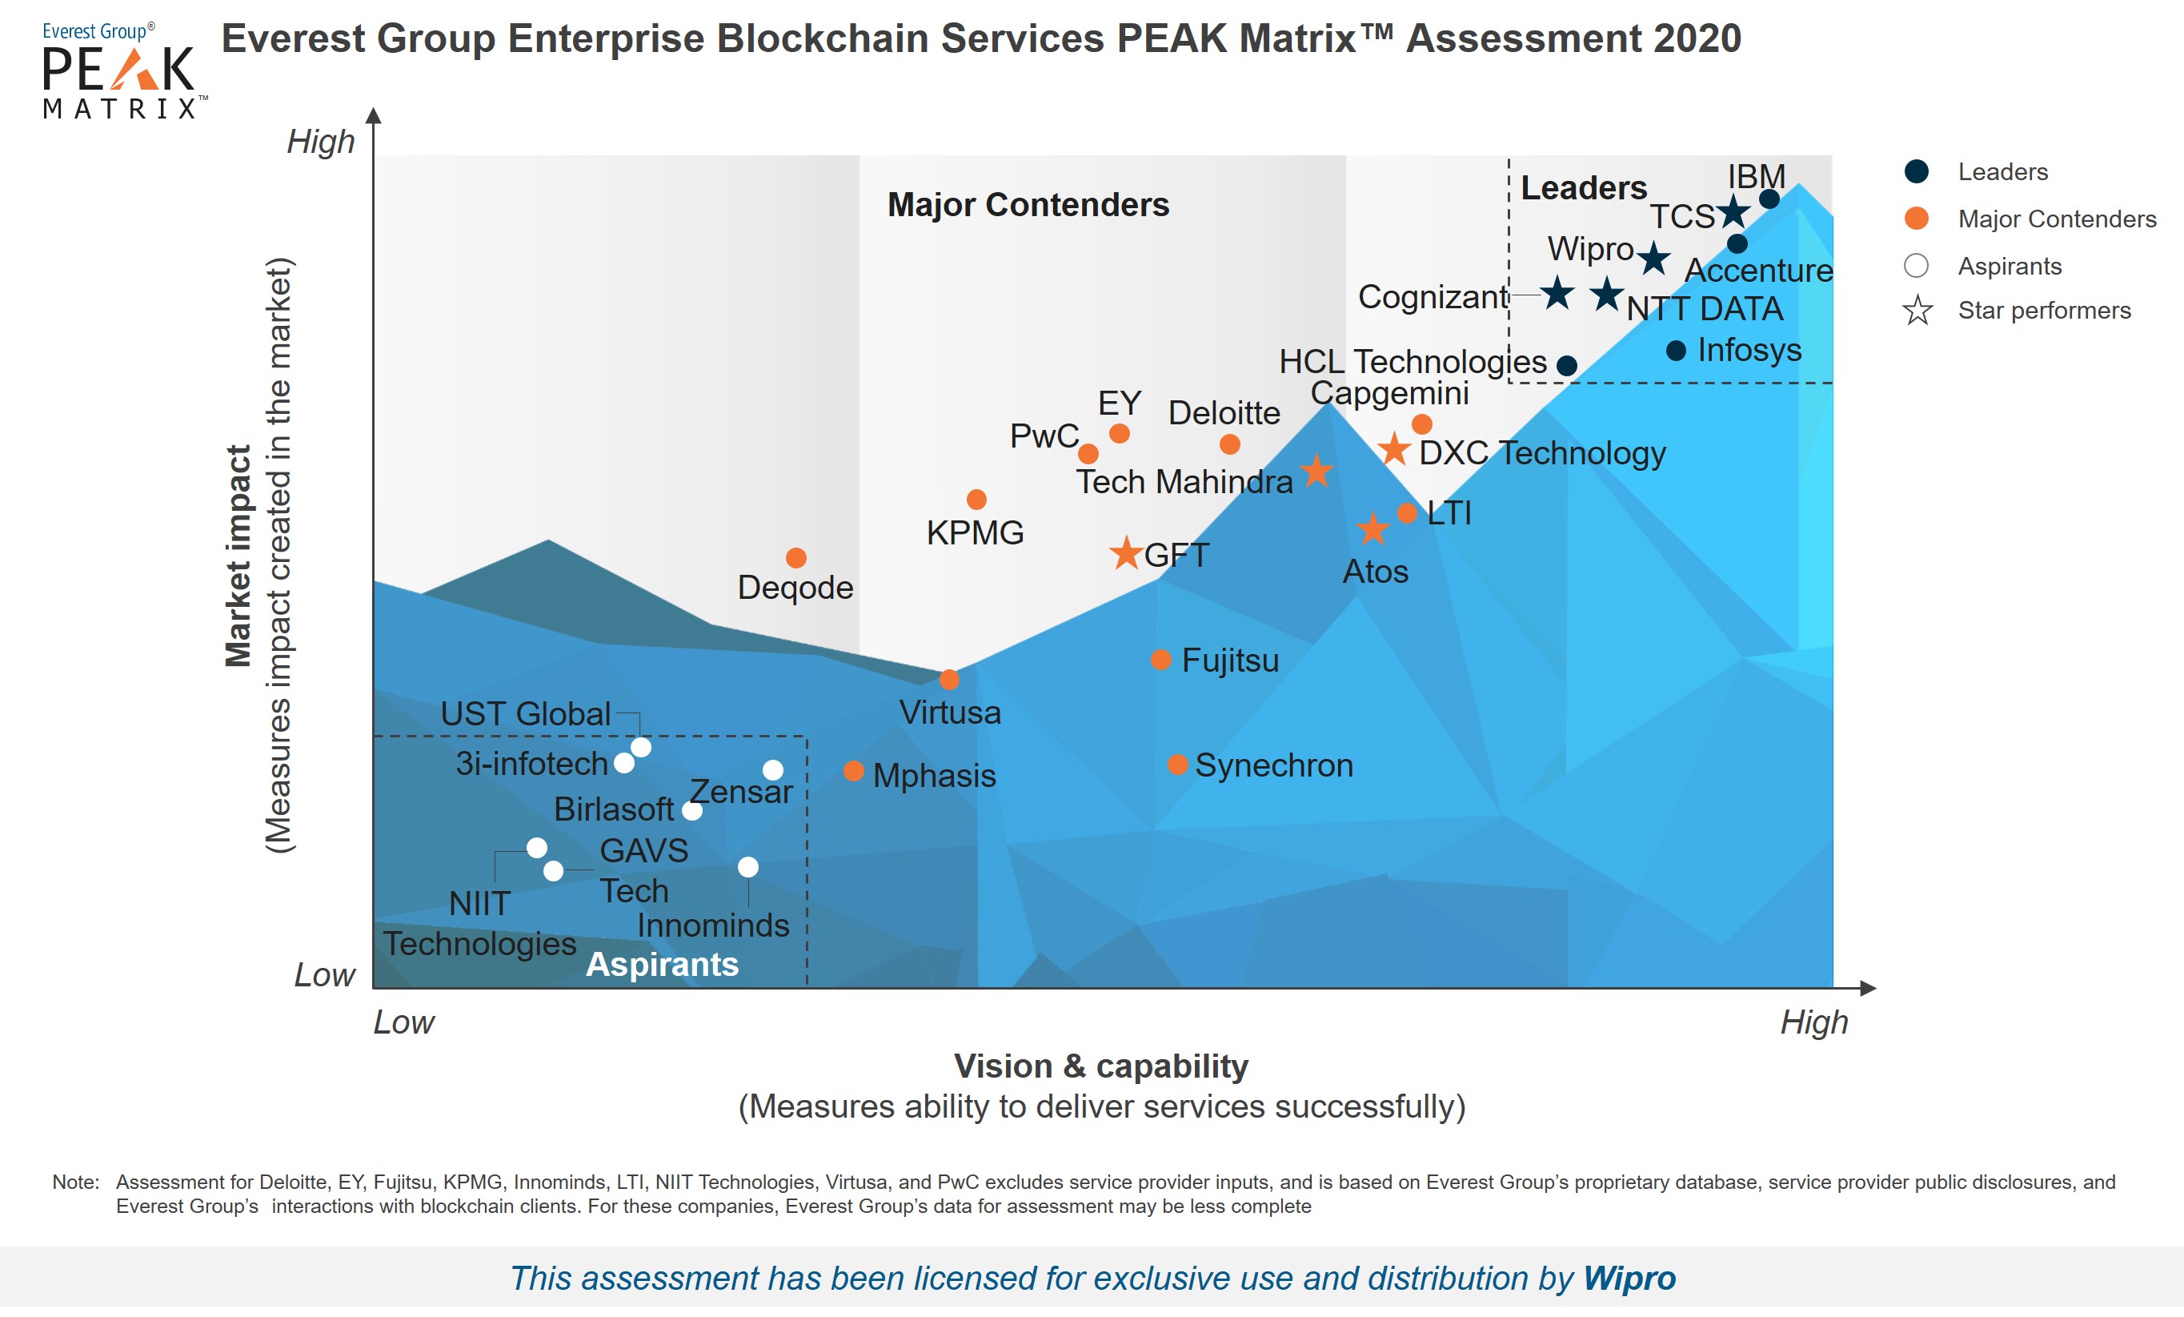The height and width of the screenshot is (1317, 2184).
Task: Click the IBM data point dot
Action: [1769, 199]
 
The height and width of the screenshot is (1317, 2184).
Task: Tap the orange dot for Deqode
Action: [796, 558]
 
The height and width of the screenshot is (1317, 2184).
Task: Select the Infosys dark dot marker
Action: [1675, 351]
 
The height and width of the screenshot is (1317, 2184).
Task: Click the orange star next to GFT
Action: [1126, 552]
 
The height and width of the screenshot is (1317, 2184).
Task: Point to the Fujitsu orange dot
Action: [1160, 660]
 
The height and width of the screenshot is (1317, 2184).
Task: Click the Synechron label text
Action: [1274, 765]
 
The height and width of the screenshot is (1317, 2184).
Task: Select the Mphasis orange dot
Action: [854, 771]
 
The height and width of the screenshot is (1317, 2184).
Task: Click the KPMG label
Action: [975, 533]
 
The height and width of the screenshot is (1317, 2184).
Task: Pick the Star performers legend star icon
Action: [1918, 311]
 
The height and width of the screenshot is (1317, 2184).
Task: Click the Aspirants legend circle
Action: [1917, 265]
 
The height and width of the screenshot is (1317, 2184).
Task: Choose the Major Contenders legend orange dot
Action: [1917, 219]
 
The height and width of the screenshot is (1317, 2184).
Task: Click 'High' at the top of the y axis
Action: [320, 142]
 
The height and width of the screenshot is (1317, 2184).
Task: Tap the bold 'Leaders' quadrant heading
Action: [1584, 188]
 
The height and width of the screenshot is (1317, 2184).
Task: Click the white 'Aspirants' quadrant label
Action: [662, 964]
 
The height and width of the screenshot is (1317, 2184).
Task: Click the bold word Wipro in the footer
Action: [1629, 1278]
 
